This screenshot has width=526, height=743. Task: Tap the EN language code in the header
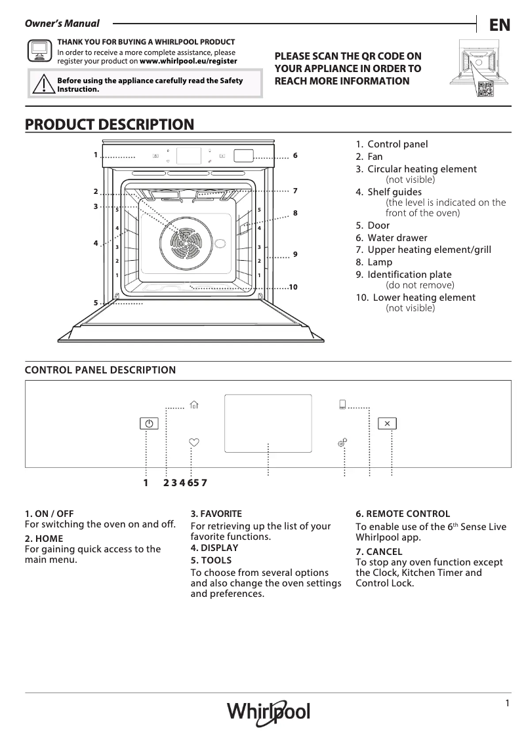coord(500,25)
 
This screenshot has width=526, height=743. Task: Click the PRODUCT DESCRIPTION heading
coord(109,124)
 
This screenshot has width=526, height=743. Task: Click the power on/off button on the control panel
coord(149,424)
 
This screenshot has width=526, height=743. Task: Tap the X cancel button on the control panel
coord(387,423)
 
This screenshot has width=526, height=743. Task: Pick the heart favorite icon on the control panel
coord(193,442)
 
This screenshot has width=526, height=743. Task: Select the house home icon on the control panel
coord(193,405)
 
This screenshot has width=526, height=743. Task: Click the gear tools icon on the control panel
coord(342,443)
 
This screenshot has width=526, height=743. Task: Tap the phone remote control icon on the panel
coord(342,404)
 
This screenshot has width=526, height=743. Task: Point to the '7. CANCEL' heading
coord(379,552)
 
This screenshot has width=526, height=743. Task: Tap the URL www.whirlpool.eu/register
coord(188,61)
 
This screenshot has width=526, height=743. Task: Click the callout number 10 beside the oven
coord(293,288)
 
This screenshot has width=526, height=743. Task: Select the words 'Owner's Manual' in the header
coord(62,24)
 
